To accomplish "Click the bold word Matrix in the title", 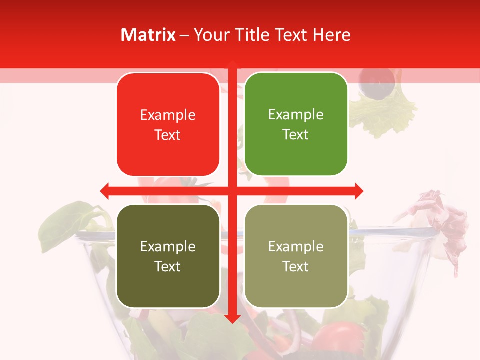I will pos(148,35).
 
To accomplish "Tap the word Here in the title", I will pos(332,35).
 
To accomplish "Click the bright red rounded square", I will pos(168,124).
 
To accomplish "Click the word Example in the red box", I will pos(168,115).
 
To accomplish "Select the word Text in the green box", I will pos(296,135).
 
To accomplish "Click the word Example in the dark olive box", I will pos(168,247).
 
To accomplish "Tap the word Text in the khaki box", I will pos(296,267).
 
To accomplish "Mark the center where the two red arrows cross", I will pos(232,191).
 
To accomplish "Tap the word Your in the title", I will pos(209,35).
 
